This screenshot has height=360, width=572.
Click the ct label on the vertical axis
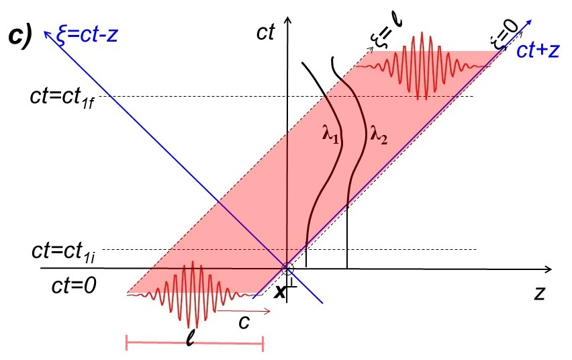click(x=266, y=33)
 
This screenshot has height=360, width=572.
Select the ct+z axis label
click(x=539, y=51)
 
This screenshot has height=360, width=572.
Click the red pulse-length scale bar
click(x=195, y=344)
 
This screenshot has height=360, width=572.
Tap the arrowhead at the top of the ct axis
click(x=287, y=21)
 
